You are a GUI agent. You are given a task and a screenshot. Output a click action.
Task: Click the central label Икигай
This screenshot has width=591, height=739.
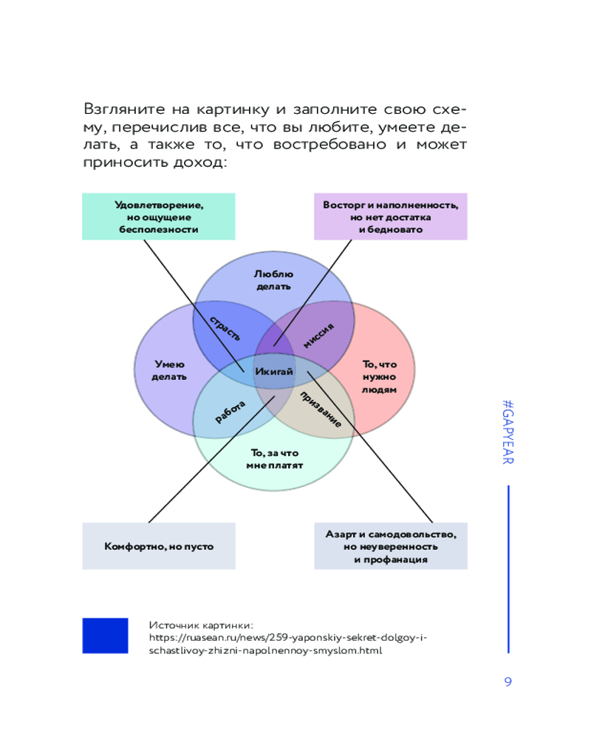click(x=274, y=372)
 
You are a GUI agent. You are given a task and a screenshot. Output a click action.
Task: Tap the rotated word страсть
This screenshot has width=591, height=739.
click(x=225, y=328)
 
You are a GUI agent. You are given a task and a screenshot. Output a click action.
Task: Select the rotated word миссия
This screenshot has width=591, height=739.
click(x=318, y=336)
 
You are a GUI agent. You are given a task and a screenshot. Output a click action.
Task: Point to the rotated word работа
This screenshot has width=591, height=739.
click(x=230, y=412)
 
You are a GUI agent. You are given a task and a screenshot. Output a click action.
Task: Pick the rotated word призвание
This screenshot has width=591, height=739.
click(x=321, y=409)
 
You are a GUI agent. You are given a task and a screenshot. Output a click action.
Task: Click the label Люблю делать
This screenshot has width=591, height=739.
click(x=273, y=280)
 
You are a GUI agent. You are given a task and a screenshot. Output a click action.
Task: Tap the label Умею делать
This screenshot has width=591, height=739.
click(x=169, y=370)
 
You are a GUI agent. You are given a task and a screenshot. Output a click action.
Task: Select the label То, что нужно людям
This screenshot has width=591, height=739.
click(x=380, y=377)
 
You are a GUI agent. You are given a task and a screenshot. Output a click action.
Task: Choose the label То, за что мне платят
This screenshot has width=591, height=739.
click(x=274, y=459)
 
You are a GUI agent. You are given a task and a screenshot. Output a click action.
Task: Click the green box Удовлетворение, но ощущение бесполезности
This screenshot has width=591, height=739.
click(x=159, y=217)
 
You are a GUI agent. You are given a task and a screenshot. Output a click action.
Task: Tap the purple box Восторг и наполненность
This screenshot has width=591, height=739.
click(x=391, y=217)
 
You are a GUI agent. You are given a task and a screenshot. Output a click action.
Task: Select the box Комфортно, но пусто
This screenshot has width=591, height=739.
click(x=159, y=546)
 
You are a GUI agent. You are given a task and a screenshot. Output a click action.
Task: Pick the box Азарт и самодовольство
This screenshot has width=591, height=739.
click(x=391, y=546)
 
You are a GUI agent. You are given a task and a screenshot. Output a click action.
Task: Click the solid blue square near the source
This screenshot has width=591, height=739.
click(x=105, y=636)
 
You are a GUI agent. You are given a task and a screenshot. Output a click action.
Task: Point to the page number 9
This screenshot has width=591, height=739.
click(x=508, y=681)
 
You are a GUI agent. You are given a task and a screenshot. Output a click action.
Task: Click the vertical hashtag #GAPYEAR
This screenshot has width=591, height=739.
click(x=508, y=432)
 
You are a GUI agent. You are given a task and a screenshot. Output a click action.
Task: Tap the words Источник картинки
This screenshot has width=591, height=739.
click(x=201, y=625)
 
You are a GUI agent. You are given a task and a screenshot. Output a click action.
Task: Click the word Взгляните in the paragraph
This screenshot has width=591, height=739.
click(x=124, y=109)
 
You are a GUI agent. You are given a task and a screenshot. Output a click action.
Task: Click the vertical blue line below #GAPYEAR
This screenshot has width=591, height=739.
click(x=508, y=569)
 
